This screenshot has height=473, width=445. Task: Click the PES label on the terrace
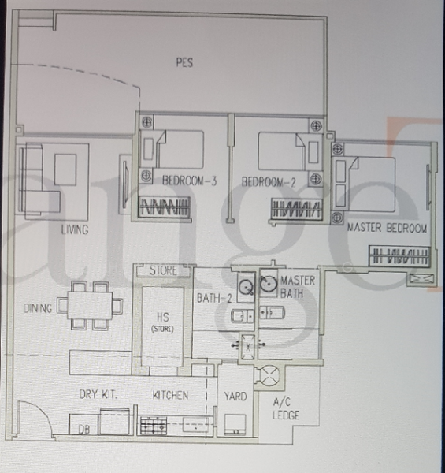tap(185, 62)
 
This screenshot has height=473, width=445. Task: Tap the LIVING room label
tap(75, 229)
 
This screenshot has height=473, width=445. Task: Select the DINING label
tap(38, 308)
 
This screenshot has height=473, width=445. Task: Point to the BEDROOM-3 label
tap(189, 181)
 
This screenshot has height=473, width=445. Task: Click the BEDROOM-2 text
tap(268, 181)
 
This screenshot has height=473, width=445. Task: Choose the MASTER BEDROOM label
tap(387, 229)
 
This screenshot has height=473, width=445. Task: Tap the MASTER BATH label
tap(299, 287)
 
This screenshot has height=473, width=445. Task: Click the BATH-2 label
tap(213, 298)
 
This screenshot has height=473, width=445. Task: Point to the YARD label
tap(236, 395)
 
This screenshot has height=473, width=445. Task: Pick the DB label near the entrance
tap(83, 430)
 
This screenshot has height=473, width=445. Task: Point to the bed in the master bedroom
tap(370, 174)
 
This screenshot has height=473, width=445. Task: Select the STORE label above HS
tap(164, 271)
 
